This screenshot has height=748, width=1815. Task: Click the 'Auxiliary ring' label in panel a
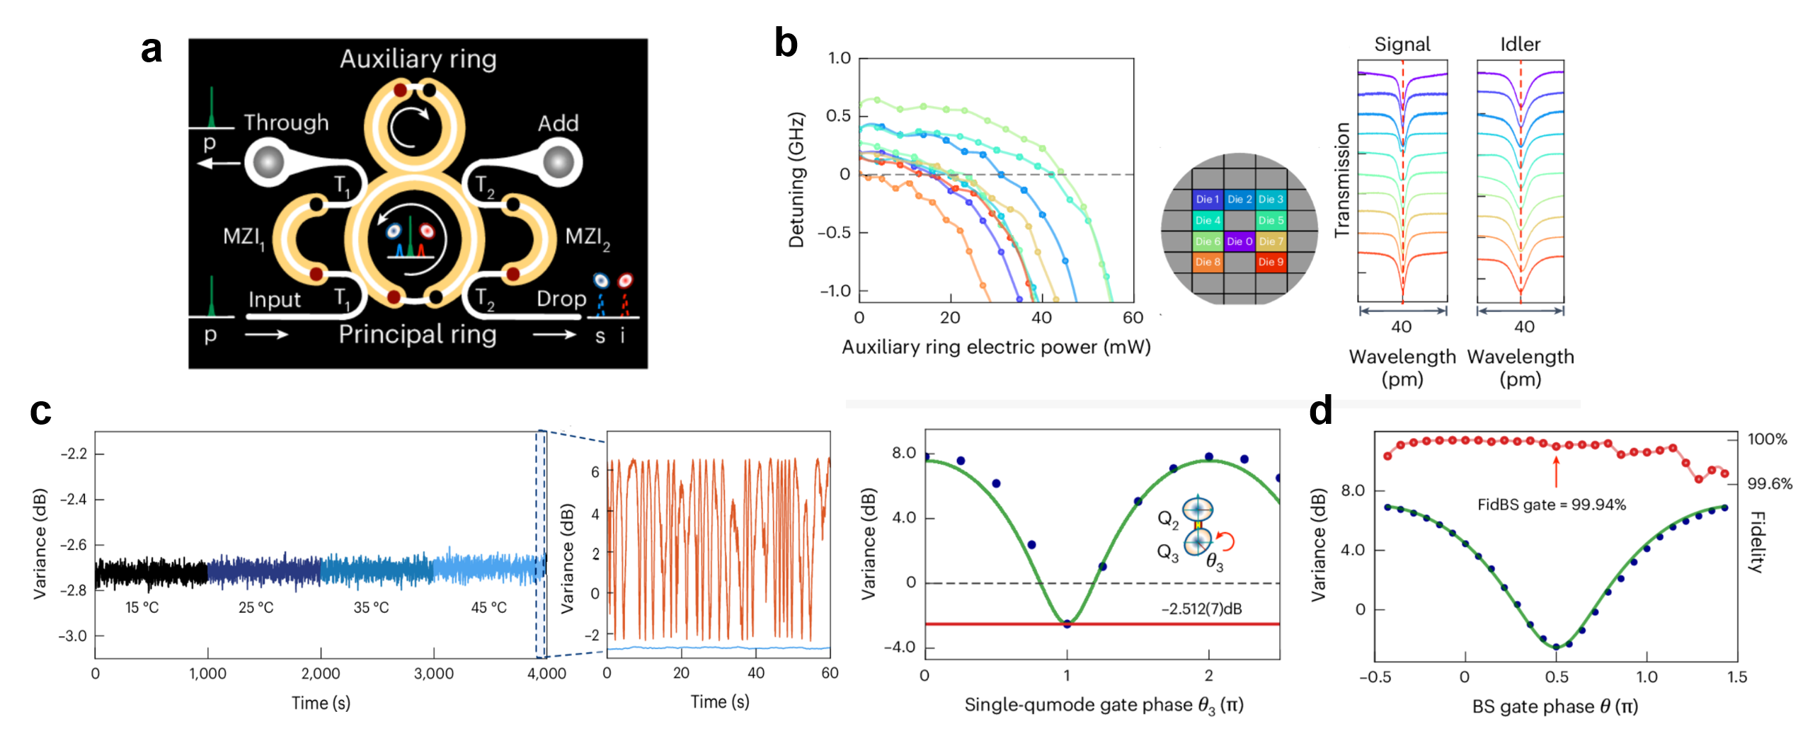pos(418,59)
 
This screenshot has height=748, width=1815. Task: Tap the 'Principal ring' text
pos(418,334)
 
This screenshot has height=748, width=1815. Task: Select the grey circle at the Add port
pos(559,162)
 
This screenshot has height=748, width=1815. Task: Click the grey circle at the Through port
pos(268,162)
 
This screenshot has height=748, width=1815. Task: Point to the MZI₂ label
pos(587,237)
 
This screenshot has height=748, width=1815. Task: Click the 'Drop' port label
pos(561,299)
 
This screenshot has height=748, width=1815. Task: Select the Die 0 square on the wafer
pos(1239,241)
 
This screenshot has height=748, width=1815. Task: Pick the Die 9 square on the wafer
pos(1271,262)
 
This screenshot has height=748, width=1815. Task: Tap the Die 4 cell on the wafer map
pos(1208,220)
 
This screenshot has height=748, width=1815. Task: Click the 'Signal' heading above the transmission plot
pos(1402,45)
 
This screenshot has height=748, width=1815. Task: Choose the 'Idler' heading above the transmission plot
pos(1520,45)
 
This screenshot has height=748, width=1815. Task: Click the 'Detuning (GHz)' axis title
pos(796,180)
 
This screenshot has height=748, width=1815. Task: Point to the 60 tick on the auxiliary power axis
pos(1133,318)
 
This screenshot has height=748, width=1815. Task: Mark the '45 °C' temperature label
pos(488,607)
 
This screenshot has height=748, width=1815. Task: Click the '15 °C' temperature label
pos(142,607)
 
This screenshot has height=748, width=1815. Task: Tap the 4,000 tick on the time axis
pos(546,674)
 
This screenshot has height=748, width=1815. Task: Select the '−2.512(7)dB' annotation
pos(1201,609)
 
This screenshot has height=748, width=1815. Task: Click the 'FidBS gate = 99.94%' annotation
pos(1551,505)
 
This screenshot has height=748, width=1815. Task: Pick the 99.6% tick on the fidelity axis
pos(1770,483)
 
